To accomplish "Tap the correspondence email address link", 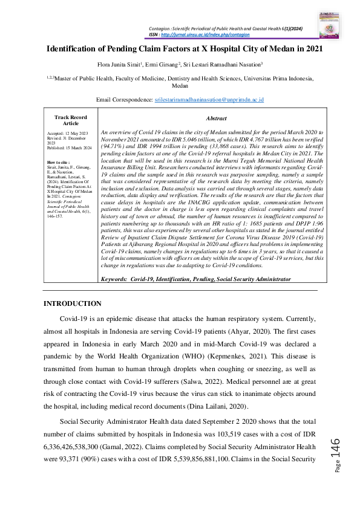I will pos(209,99).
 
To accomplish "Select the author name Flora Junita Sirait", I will pos(117,62).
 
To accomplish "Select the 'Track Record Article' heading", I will pos(67,120).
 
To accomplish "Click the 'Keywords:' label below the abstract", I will pos(114,279).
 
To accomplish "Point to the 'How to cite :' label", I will pos(58,163).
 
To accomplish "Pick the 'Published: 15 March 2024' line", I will pos(67,147).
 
